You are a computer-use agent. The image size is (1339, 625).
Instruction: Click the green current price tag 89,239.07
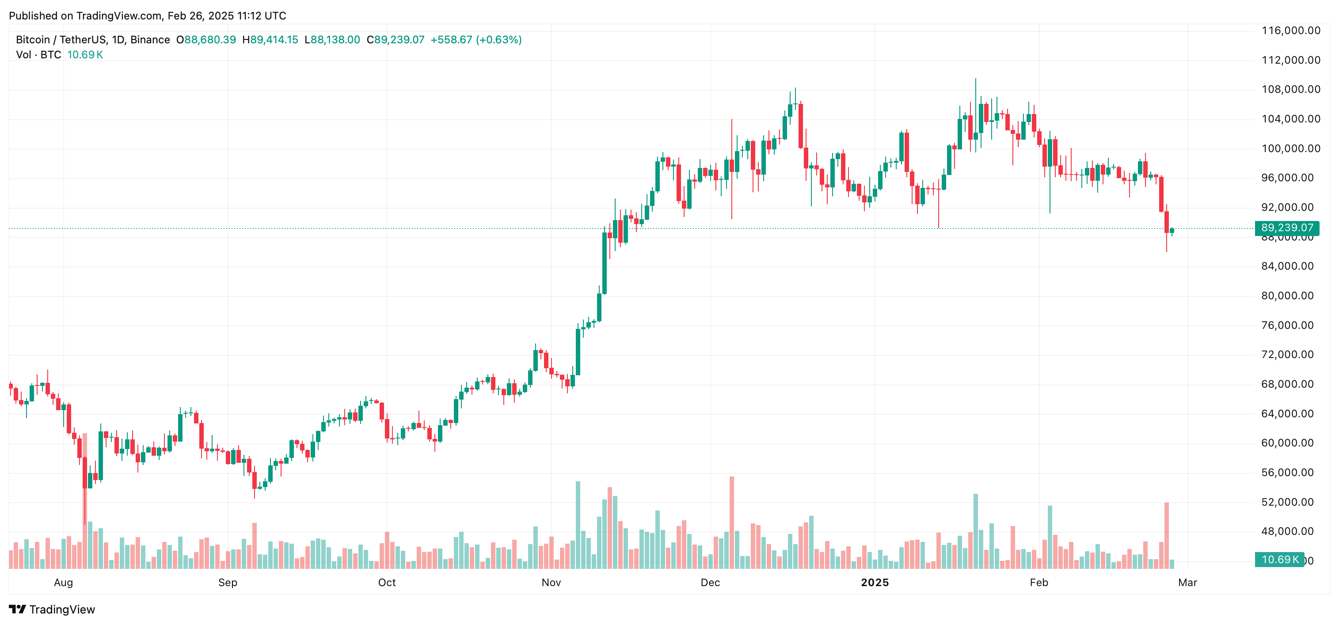pyautogui.click(x=1286, y=228)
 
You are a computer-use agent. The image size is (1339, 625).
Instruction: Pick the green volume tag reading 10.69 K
pyautogui.click(x=1279, y=560)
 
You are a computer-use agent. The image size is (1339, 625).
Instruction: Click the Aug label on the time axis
pyautogui.click(x=64, y=583)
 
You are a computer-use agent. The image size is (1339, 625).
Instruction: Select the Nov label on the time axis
pyautogui.click(x=551, y=583)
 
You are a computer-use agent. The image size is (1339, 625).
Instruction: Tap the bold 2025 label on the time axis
pyautogui.click(x=875, y=583)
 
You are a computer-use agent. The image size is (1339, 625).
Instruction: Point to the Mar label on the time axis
pyautogui.click(x=1187, y=583)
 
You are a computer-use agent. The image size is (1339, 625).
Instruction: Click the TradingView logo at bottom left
pyautogui.click(x=52, y=610)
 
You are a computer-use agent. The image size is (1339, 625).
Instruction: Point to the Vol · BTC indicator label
pyautogui.click(x=38, y=55)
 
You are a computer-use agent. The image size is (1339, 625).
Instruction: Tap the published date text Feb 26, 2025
pyautogui.click(x=201, y=16)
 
